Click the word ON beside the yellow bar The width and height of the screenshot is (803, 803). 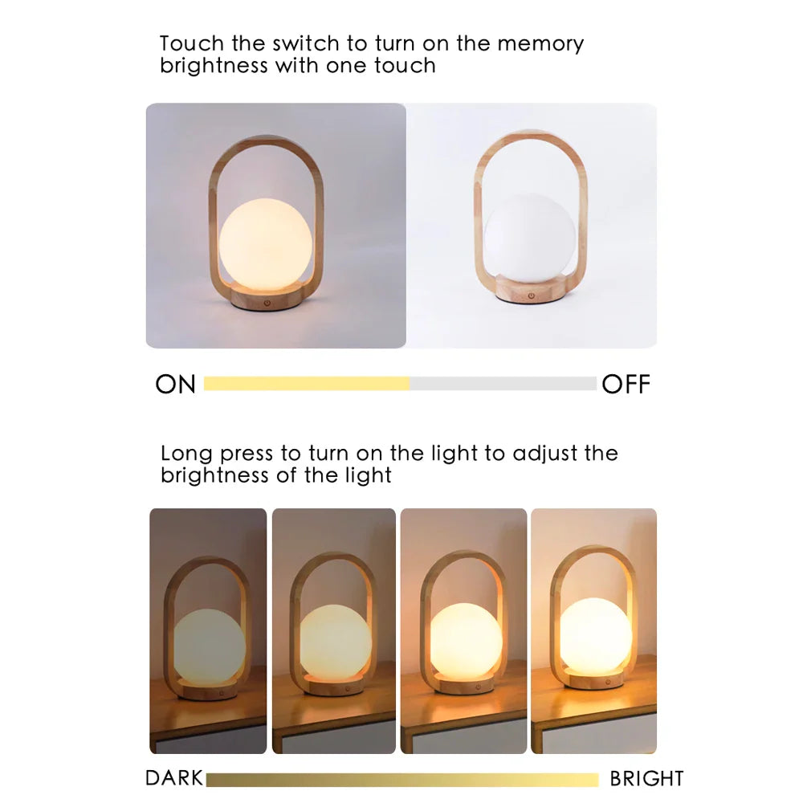click(x=176, y=385)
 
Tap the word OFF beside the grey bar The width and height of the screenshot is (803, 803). click(x=626, y=385)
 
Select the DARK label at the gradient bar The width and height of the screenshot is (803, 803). click(x=174, y=778)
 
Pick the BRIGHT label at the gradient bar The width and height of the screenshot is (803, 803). click(x=646, y=778)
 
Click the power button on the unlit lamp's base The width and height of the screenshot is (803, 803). click(x=531, y=296)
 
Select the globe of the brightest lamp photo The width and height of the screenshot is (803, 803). click(x=595, y=635)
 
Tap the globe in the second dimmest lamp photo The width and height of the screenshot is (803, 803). click(x=335, y=640)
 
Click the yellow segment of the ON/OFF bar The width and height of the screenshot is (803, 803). click(x=307, y=384)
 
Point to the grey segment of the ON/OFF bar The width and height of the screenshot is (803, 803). click(x=503, y=384)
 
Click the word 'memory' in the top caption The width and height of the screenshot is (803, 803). click(x=540, y=43)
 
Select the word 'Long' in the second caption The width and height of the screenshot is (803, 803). click(x=187, y=453)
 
